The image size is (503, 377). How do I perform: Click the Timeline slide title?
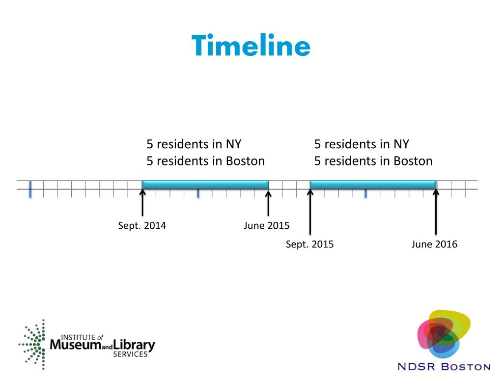pos(251,46)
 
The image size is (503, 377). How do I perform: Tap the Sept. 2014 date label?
pos(142,226)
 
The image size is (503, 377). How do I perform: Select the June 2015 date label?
pos(267,226)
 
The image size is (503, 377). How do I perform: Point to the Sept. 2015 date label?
pos(309,244)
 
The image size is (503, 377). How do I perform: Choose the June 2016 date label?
pos(434,244)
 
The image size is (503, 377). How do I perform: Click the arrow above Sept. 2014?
pos(142,203)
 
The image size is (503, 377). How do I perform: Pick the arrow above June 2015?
pos(268,203)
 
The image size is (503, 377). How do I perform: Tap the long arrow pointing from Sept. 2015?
pos(310,212)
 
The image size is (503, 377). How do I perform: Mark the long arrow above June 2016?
pos(436,212)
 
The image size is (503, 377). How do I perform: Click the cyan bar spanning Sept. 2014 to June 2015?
pos(205,184)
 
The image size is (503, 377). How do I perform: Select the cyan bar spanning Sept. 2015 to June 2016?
pos(373,184)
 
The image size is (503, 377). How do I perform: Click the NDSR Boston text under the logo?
pos(444,367)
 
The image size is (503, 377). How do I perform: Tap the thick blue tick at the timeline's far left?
pos(30,189)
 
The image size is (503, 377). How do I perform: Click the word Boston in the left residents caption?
pos(245,161)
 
